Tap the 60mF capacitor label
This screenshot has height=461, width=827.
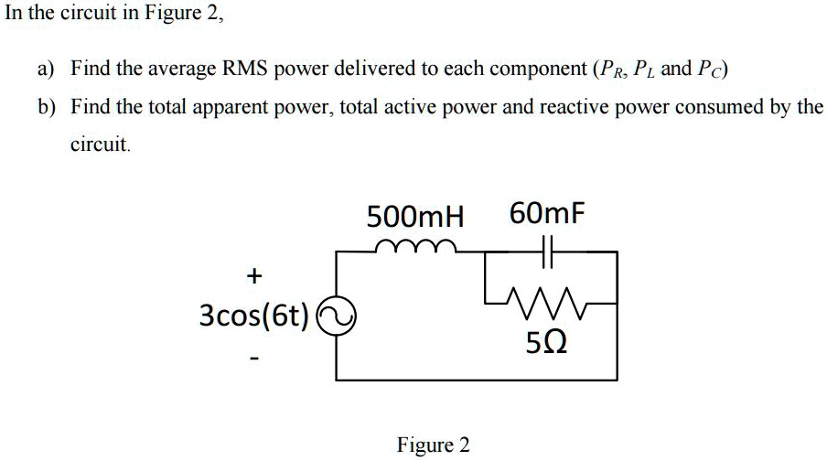(x=546, y=215)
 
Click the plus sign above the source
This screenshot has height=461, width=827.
(x=252, y=274)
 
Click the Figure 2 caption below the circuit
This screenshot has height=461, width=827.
(x=433, y=445)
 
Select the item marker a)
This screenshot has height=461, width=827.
(x=46, y=69)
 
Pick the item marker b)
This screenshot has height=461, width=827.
(x=46, y=107)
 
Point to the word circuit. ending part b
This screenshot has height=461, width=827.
(x=102, y=145)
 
